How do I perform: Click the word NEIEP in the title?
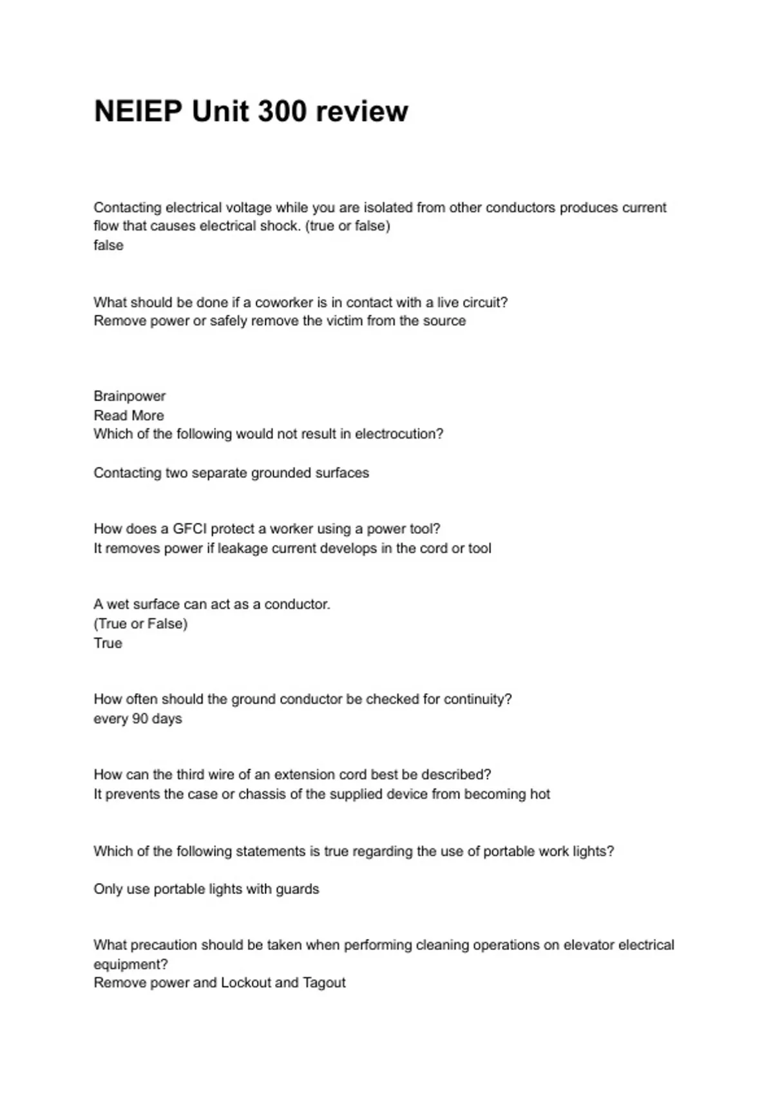[138, 111]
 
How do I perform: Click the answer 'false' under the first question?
[108, 245]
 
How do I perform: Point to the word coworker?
[284, 302]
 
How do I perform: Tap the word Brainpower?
[129, 396]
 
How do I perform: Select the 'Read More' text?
[129, 415]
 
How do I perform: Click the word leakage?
[242, 548]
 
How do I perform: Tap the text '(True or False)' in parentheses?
[140, 624]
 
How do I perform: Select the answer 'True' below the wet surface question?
[108, 643]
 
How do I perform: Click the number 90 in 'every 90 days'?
[140, 718]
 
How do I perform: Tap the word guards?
[297, 889]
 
